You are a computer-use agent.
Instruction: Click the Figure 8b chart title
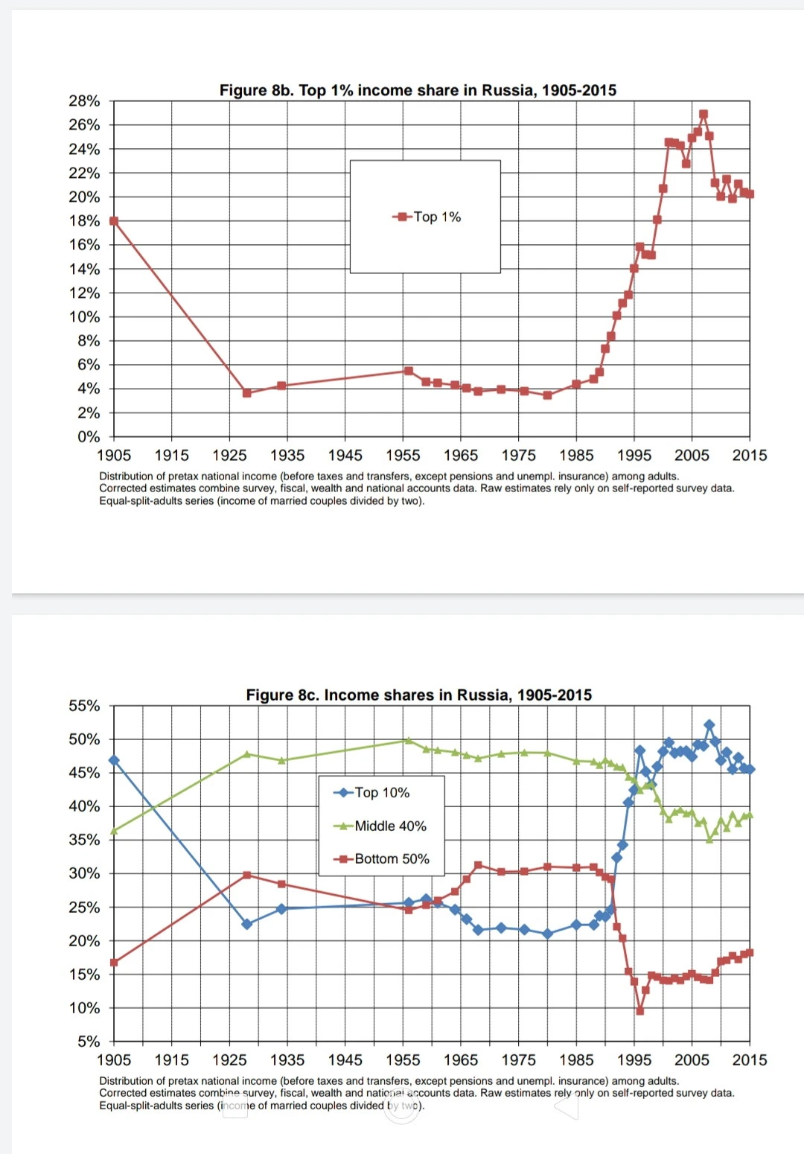coord(418,90)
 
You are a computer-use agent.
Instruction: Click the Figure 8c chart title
coord(418,695)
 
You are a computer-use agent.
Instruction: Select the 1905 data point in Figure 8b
coord(114,221)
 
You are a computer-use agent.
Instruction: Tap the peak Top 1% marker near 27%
coord(703,115)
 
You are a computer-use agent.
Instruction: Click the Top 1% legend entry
coord(427,217)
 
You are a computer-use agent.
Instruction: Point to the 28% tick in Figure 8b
coord(84,101)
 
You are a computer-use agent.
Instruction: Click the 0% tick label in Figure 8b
coord(88,436)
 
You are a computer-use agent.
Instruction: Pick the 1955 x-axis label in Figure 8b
coord(403,455)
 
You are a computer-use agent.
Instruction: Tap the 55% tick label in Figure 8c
coord(84,706)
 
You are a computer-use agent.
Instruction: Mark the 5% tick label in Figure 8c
coord(88,1041)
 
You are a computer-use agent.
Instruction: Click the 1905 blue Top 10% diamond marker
coord(114,760)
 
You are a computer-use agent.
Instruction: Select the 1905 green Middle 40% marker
coord(114,831)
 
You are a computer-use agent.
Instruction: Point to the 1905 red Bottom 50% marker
coord(114,963)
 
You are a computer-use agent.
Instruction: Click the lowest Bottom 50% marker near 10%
coord(639,1011)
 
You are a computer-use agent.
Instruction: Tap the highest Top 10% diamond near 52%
coord(709,725)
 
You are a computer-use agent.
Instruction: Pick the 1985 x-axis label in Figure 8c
coord(576,1059)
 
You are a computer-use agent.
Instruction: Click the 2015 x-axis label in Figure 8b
coord(749,455)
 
